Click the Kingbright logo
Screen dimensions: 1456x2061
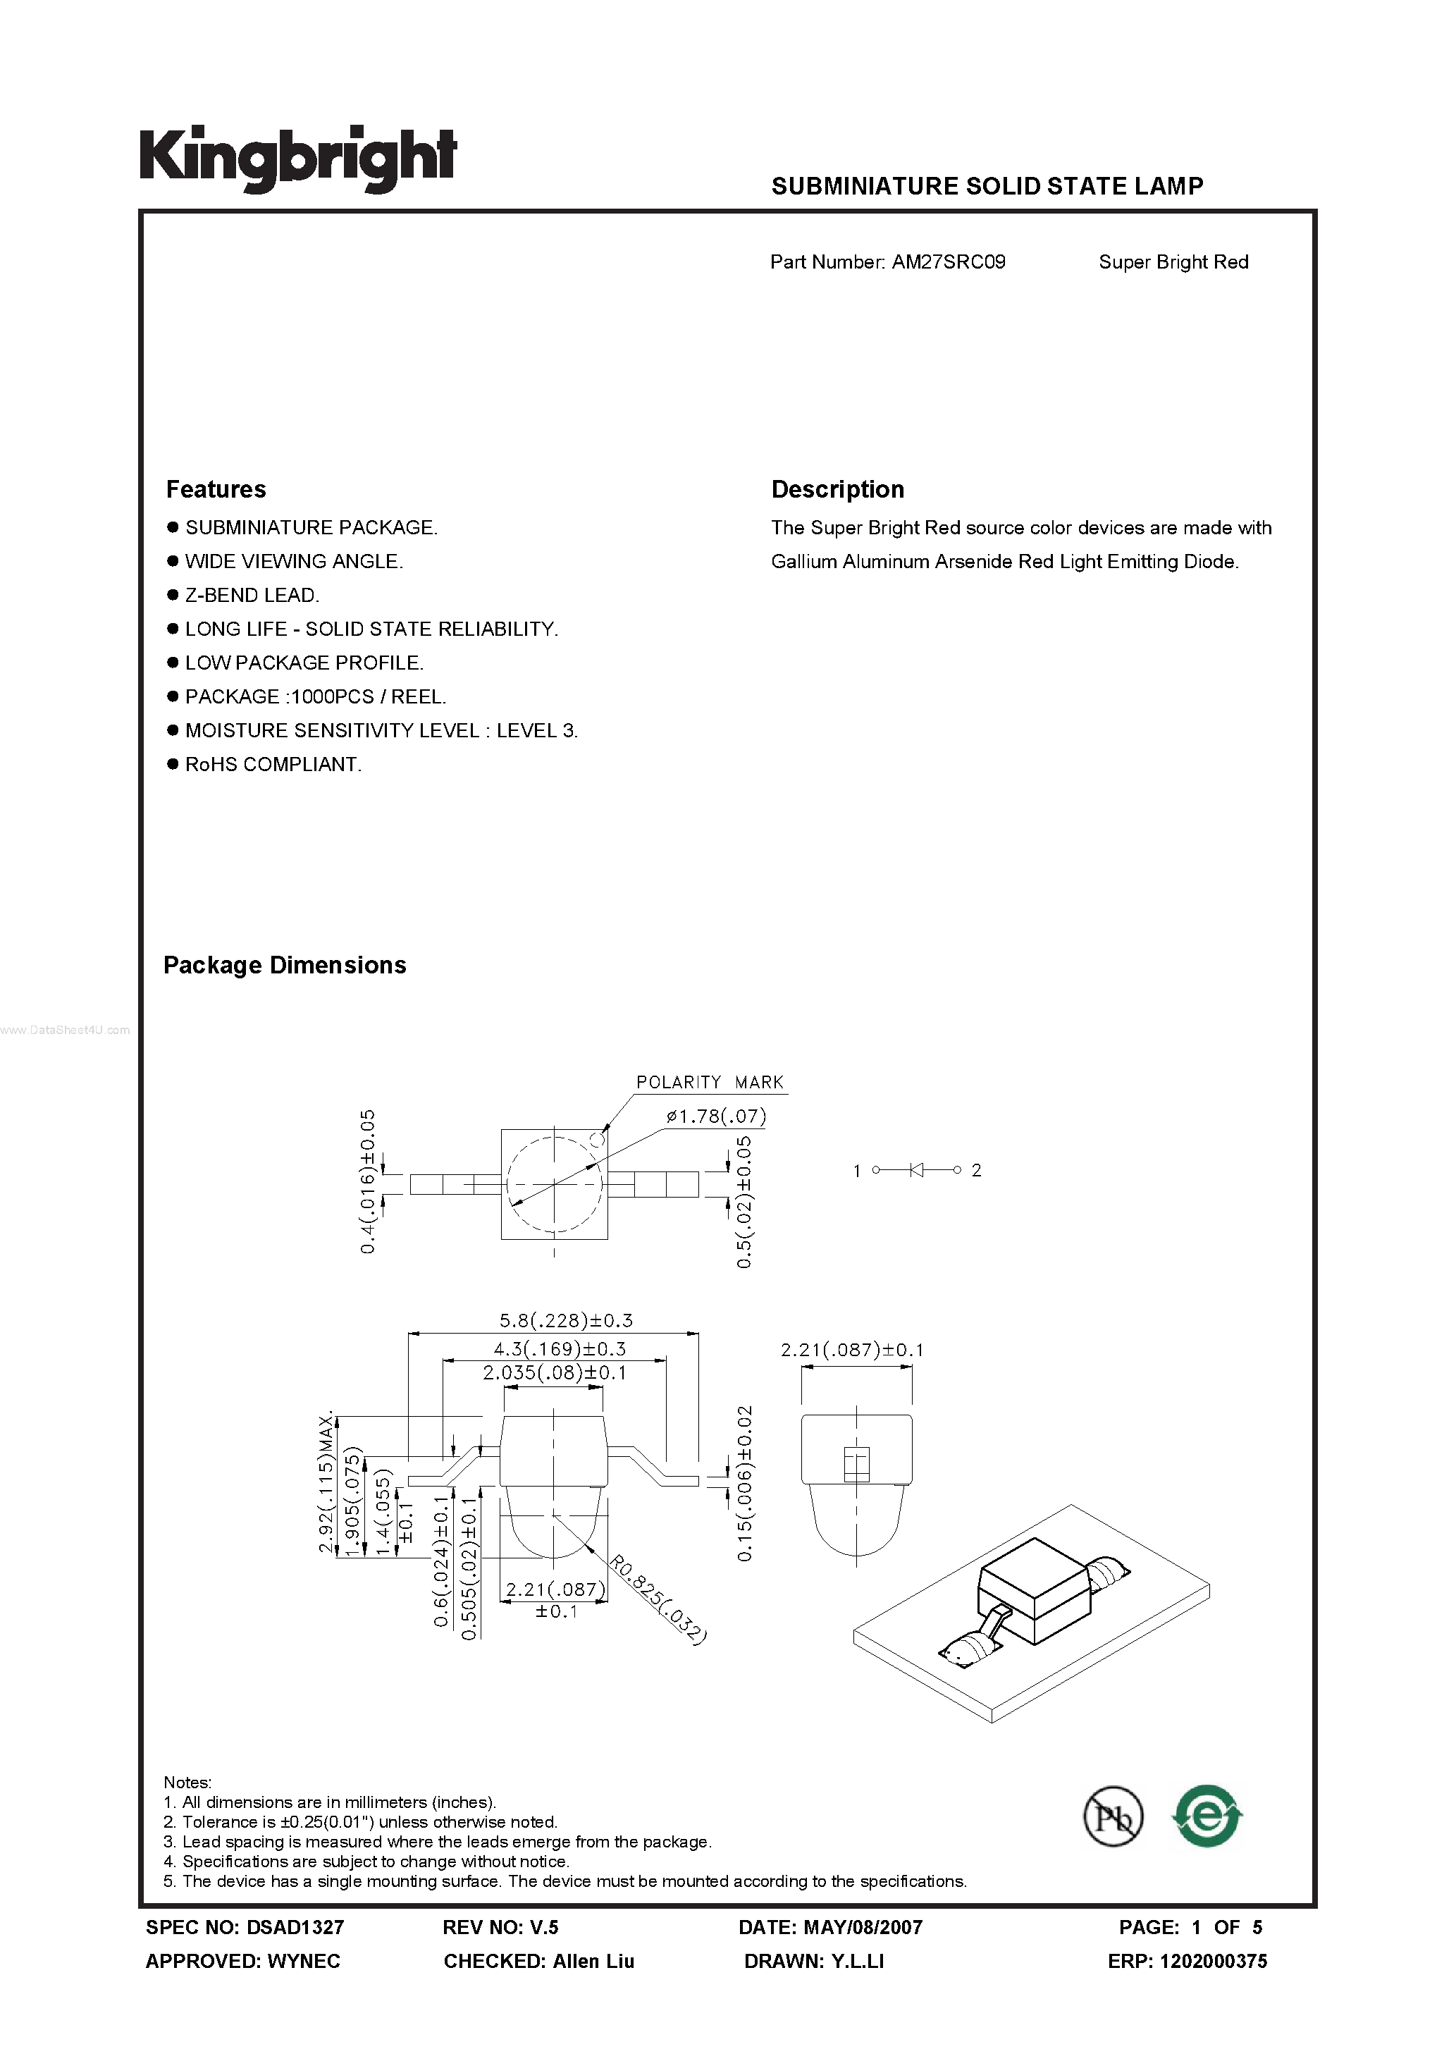pos(297,158)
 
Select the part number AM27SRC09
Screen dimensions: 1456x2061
pos(948,262)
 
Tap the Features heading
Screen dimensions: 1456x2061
pos(216,489)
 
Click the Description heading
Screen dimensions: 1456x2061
pos(837,489)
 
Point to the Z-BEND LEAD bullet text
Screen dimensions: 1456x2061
pos(252,595)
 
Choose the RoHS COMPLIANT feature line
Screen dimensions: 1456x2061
pos(273,765)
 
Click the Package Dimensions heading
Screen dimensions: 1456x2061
pos(285,965)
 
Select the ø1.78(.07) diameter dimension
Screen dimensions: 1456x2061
pos(716,1116)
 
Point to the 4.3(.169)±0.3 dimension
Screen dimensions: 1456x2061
pos(560,1348)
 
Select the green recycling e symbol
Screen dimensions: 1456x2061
pos(1207,1816)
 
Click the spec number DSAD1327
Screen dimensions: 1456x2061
pos(295,1926)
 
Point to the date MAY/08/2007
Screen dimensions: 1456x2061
pos(863,1926)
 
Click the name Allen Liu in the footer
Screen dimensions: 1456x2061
pos(593,1962)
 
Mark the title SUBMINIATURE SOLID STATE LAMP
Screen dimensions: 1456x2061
pos(987,186)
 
